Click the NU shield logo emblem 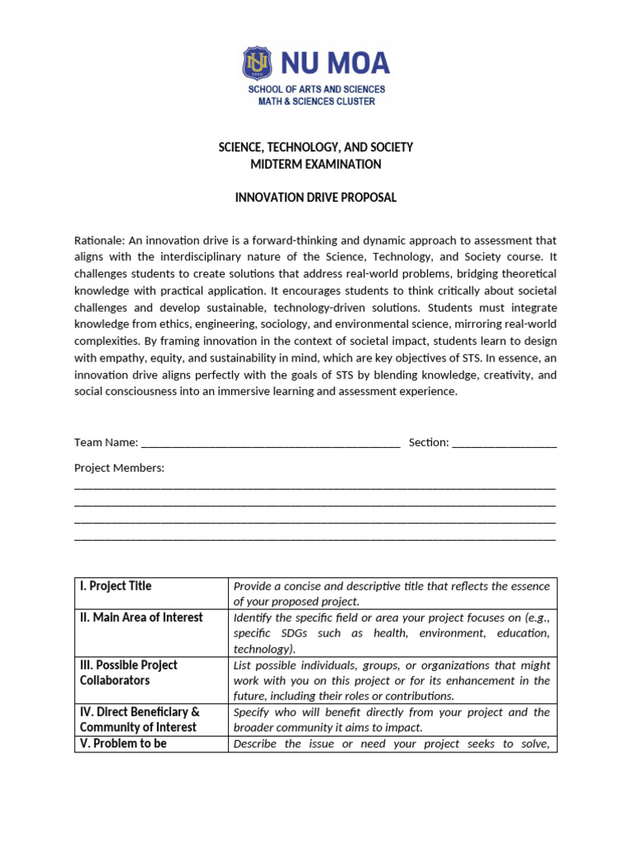click(x=257, y=63)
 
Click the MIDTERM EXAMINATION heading click(x=316, y=164)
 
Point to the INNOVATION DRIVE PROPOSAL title click(x=316, y=198)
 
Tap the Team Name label click(x=105, y=442)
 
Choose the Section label click(x=428, y=442)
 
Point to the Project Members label click(x=119, y=468)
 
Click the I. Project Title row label click(x=116, y=586)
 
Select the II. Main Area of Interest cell click(x=141, y=617)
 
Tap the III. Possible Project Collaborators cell click(x=128, y=673)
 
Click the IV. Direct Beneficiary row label click(x=139, y=711)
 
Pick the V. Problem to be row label click(x=123, y=743)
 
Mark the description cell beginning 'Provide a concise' click(x=392, y=594)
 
